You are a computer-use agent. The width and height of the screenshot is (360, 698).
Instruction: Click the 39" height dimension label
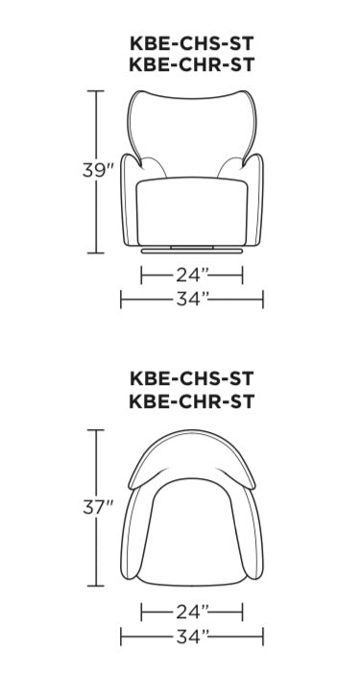point(98,170)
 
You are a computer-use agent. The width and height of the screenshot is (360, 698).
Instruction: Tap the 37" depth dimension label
point(98,507)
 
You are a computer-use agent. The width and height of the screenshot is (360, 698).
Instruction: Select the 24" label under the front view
point(192,276)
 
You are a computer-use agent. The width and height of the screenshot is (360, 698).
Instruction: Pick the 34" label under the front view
point(192,300)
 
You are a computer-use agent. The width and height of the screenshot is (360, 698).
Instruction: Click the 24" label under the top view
point(192,613)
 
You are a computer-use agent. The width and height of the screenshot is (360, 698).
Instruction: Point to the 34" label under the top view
point(192,637)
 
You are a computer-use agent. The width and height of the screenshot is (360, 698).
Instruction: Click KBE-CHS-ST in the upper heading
point(192,43)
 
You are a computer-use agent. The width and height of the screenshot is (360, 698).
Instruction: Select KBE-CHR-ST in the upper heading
point(192,64)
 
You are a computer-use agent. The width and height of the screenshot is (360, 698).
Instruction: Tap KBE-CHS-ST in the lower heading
point(192,379)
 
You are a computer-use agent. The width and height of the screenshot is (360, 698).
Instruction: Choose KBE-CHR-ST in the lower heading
point(192,400)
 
